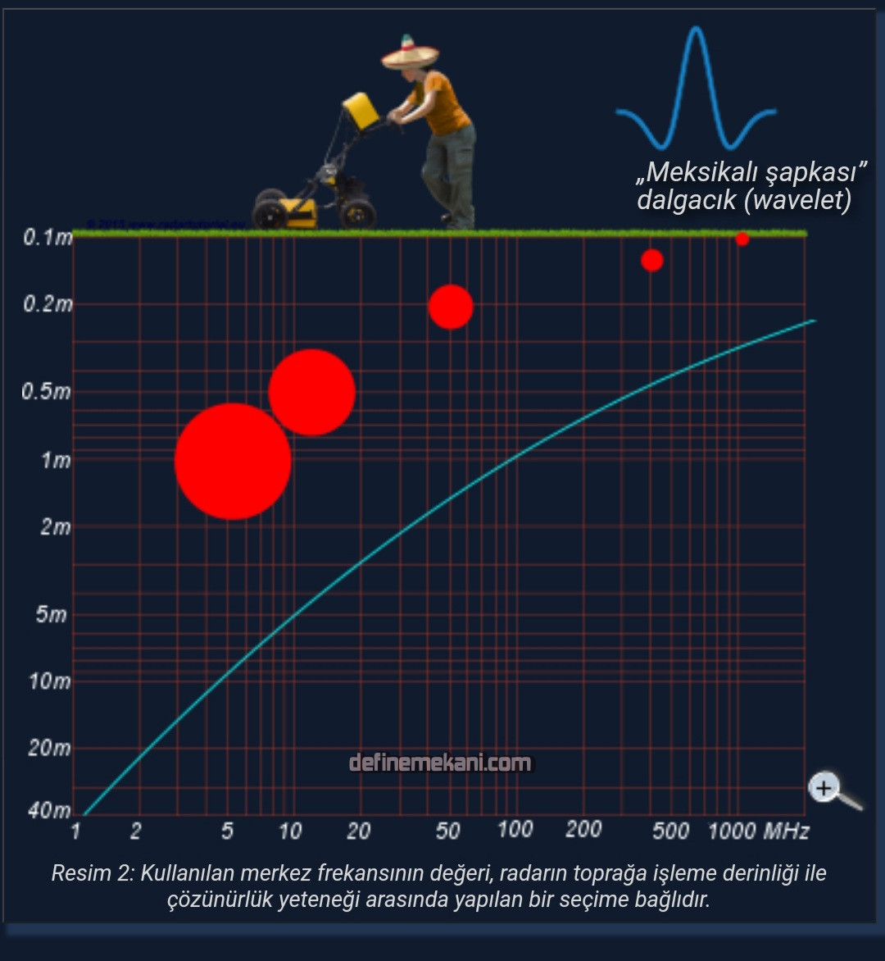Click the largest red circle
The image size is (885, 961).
(x=233, y=462)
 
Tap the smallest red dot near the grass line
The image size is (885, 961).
(x=742, y=239)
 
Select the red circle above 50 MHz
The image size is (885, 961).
(x=451, y=307)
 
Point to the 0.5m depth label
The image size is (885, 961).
(x=47, y=391)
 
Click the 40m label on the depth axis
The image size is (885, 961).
(x=49, y=811)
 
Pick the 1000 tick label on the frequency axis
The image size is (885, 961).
(x=732, y=831)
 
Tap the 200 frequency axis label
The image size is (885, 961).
(x=583, y=830)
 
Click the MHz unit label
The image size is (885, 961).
(x=787, y=831)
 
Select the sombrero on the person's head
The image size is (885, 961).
(x=411, y=53)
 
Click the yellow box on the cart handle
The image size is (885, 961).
(x=360, y=110)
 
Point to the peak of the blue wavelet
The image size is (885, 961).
(x=697, y=30)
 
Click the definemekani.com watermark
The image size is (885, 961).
(x=440, y=763)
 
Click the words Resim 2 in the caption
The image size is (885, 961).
(x=91, y=873)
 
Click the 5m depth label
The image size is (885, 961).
(x=51, y=614)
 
